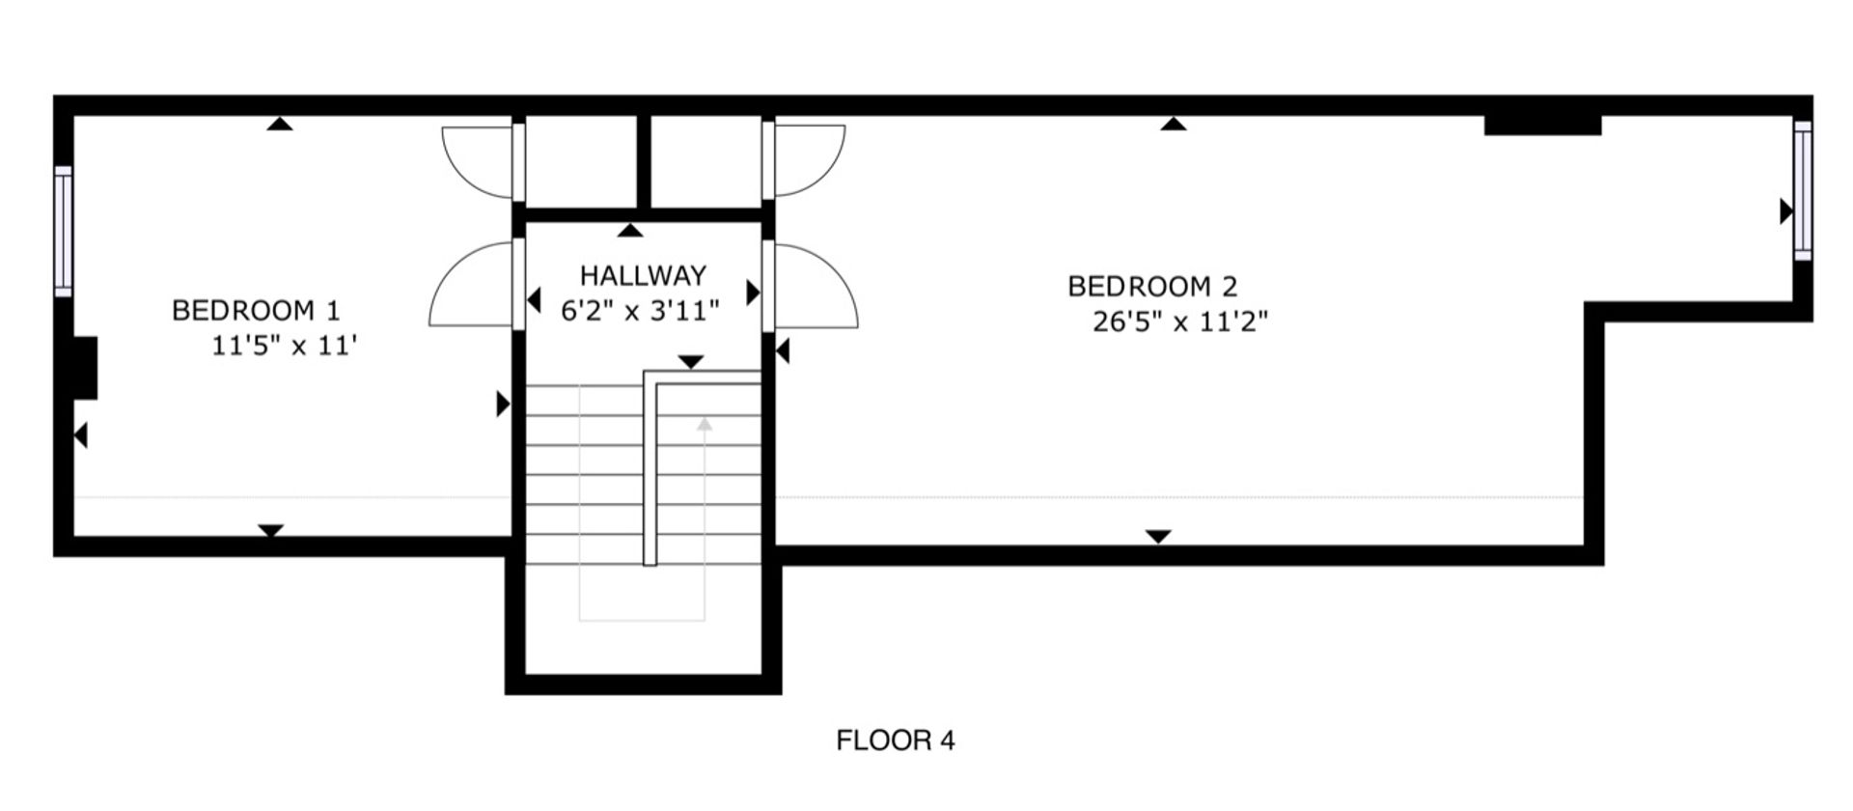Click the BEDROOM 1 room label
[256, 311]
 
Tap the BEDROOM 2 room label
[1152, 287]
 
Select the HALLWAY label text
[643, 276]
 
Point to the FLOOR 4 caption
[896, 741]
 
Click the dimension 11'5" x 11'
[285, 346]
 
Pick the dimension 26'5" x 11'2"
[1180, 322]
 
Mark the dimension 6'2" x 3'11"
[641, 311]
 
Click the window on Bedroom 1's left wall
[63, 232]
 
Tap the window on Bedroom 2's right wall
[1803, 190]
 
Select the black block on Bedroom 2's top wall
[1542, 126]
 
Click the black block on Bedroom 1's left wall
[85, 368]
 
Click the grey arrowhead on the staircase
[705, 423]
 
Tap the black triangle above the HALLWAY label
[630, 230]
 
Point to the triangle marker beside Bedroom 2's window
[1786, 211]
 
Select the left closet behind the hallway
[581, 162]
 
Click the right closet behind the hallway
[706, 162]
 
